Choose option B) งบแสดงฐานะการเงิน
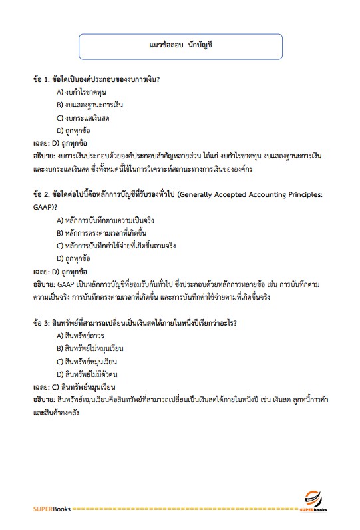(90, 105)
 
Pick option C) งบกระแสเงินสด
(83, 117)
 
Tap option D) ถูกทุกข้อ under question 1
(74, 130)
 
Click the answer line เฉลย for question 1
(61, 142)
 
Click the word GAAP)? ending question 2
(46, 206)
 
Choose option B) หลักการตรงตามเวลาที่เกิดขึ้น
(101, 233)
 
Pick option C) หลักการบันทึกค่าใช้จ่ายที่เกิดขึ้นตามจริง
(116, 246)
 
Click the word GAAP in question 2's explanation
(68, 284)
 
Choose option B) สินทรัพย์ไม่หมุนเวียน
(90, 348)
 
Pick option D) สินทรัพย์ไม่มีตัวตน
(88, 374)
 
